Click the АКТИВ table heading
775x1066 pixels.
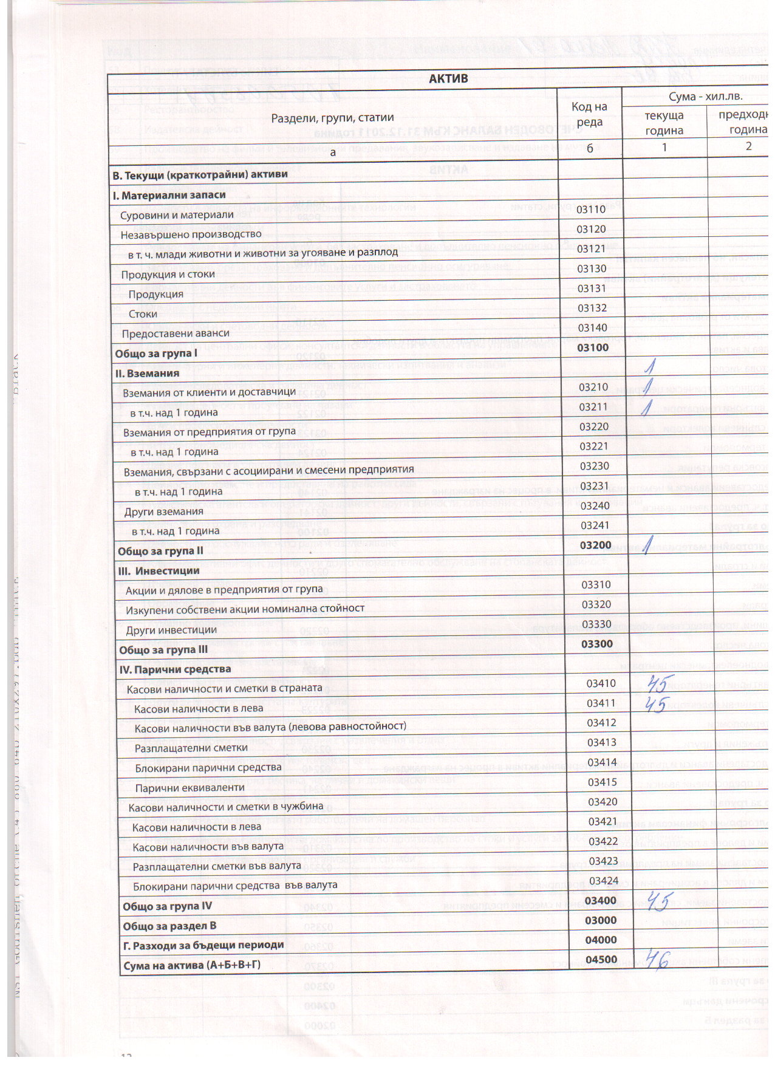[x=448, y=79]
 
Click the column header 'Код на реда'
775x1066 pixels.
[x=589, y=114]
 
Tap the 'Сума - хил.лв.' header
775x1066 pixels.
[x=705, y=97]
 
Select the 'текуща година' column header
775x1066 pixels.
[x=664, y=123]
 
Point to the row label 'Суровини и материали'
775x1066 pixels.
[x=177, y=215]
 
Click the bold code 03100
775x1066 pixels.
[x=592, y=347]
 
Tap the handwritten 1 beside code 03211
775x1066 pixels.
[x=648, y=406]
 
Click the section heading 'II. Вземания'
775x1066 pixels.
[x=148, y=373]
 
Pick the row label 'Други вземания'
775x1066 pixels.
[x=163, y=511]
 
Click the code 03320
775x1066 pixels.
[x=596, y=604]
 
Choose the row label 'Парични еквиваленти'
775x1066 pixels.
[x=189, y=787]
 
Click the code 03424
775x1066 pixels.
[x=603, y=881]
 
